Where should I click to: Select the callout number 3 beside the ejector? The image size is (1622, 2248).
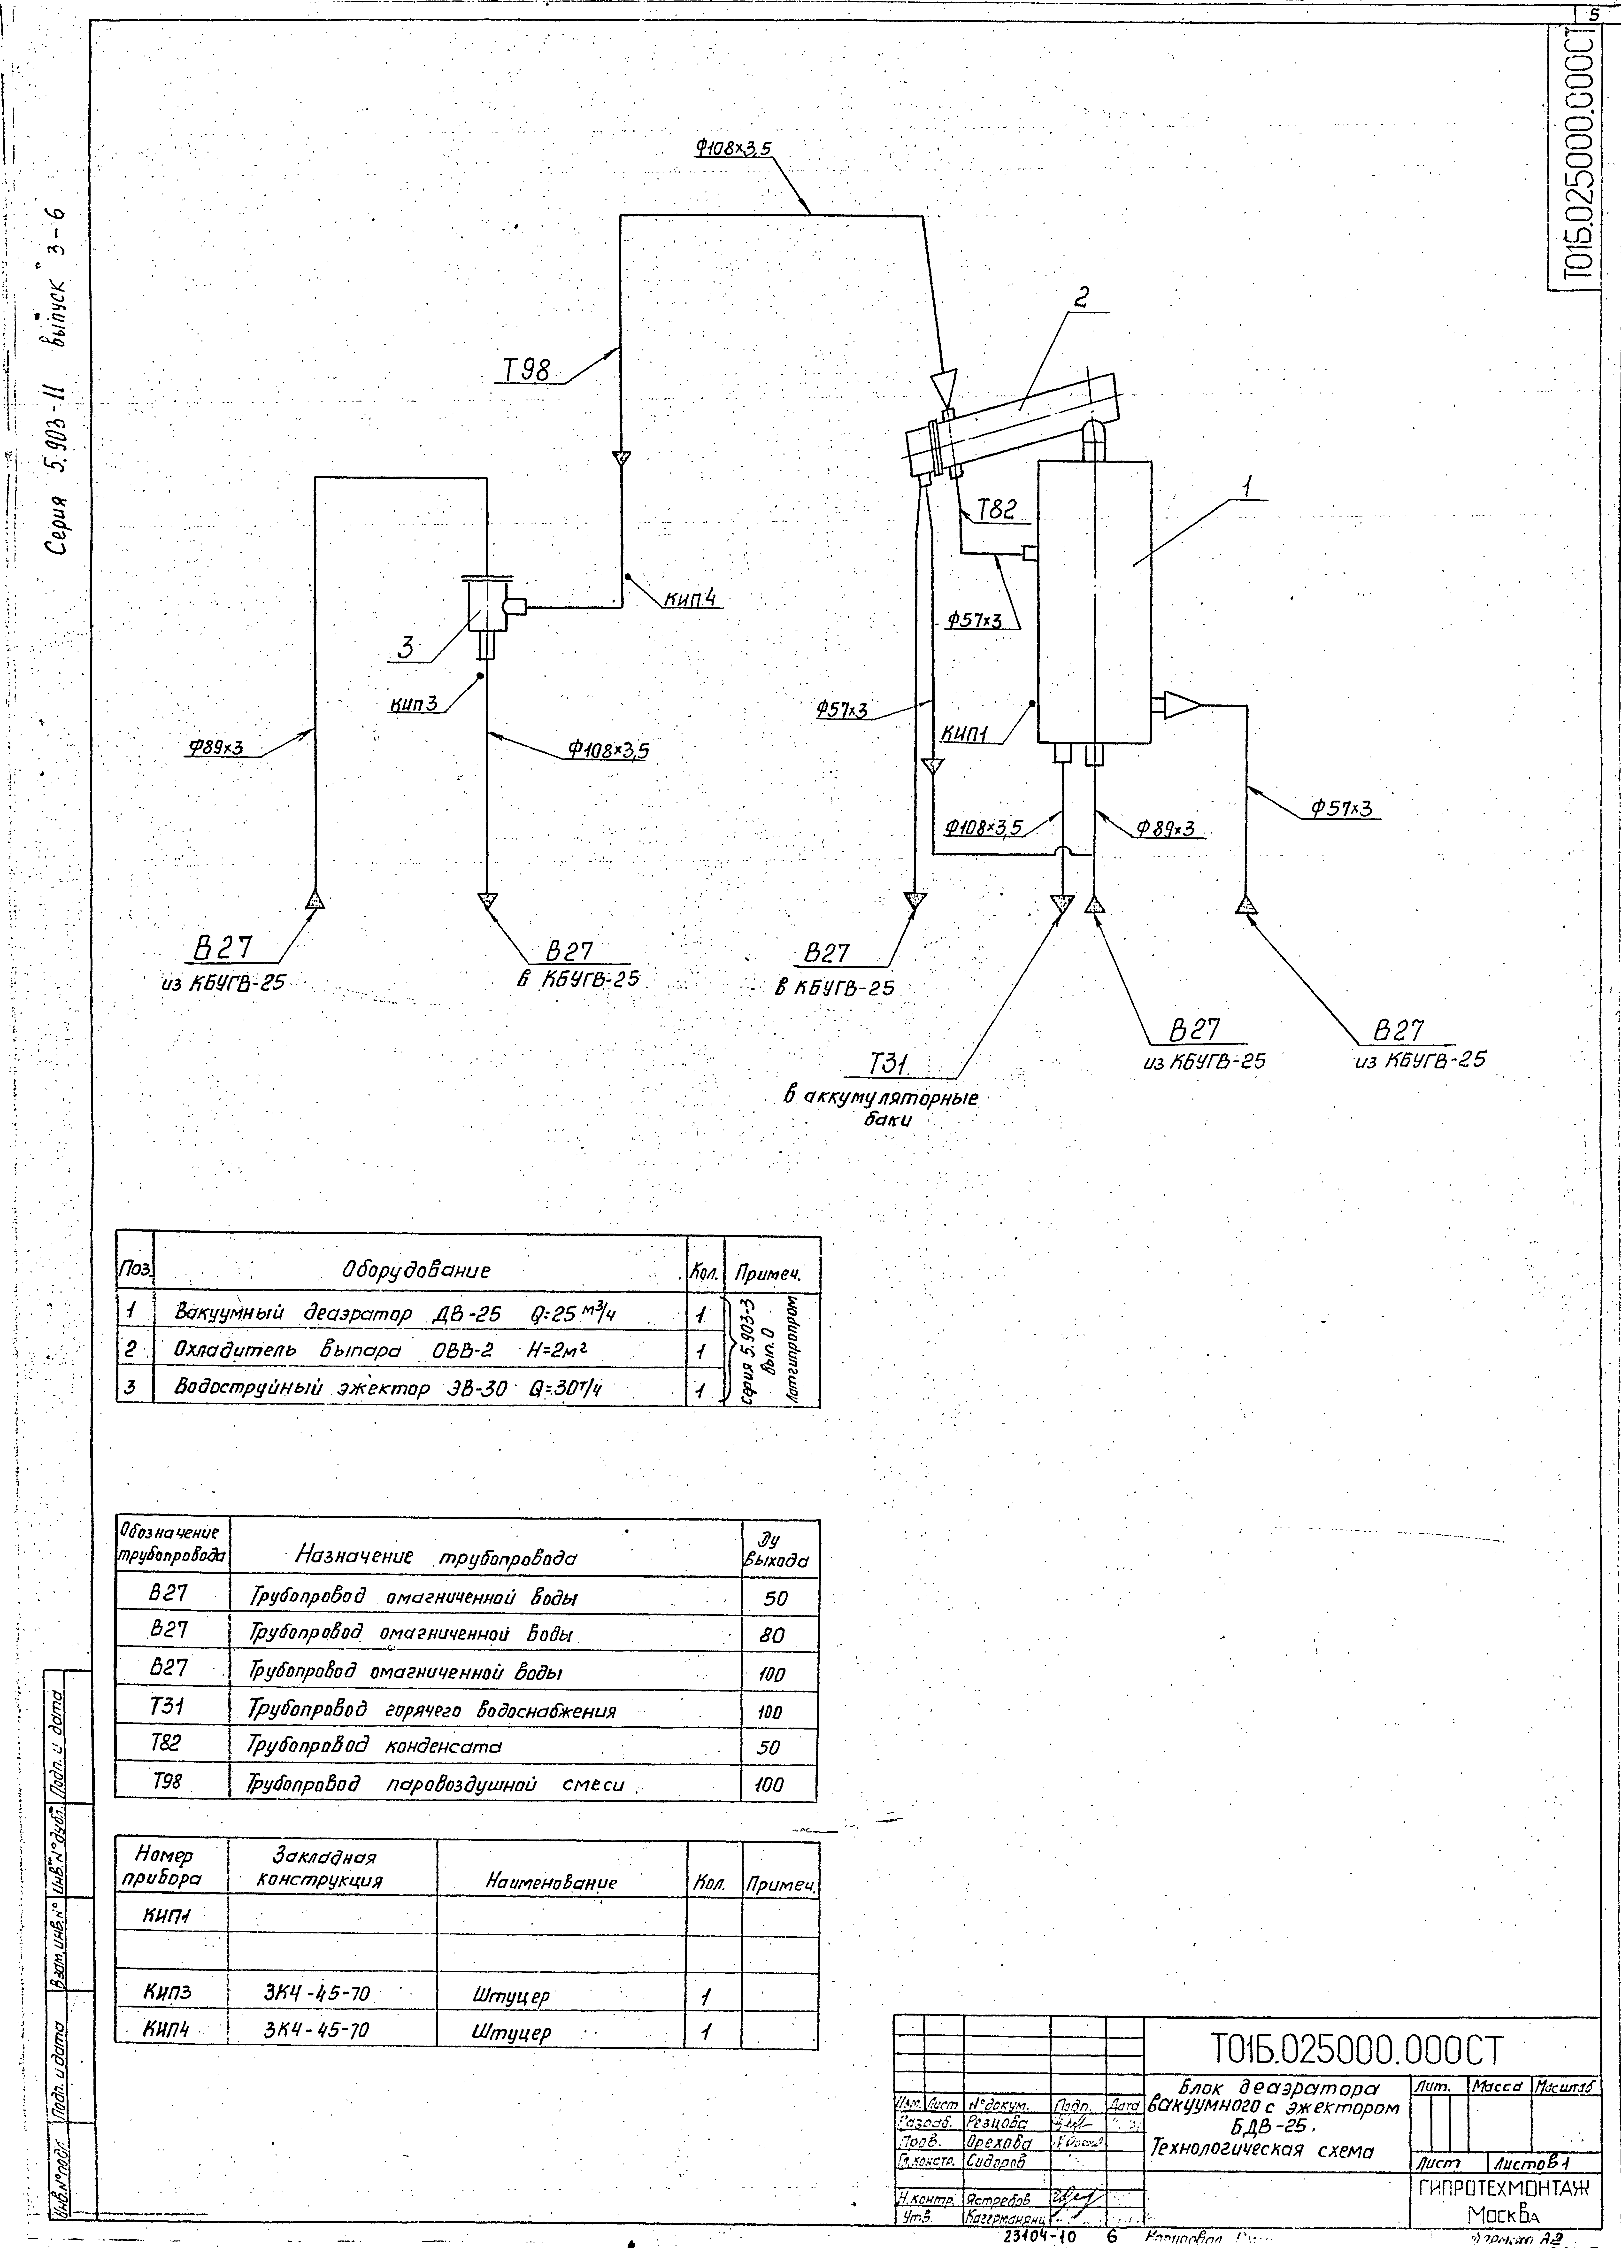click(x=406, y=649)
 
